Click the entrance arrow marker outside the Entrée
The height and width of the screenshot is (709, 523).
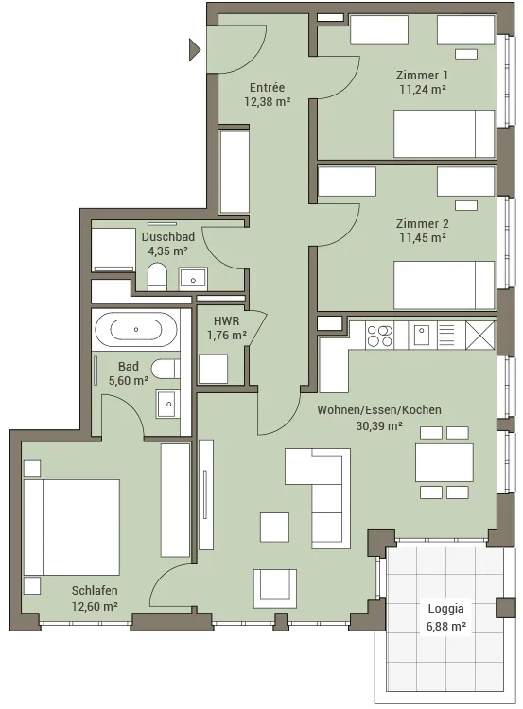pos(194,50)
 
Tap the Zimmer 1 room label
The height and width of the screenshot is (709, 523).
pos(422,75)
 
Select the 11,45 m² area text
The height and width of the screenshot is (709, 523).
pos(423,237)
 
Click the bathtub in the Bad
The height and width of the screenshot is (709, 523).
pos(136,330)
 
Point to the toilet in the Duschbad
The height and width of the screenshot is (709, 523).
pos(157,276)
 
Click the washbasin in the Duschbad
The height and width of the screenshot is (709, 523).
pos(193,279)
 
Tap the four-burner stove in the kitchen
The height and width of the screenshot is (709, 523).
pos(379,336)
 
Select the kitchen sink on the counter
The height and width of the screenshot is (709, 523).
pos(422,335)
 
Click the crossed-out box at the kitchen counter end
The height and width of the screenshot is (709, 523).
pos(480,335)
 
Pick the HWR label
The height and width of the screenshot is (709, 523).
pos(226,321)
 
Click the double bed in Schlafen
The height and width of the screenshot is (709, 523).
pos(72,527)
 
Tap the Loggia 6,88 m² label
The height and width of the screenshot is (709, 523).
pos(446,617)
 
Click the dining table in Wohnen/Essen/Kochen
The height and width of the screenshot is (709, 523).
pos(445,462)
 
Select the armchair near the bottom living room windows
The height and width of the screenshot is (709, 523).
pos(275,588)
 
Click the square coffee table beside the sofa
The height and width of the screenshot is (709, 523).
pos(274,527)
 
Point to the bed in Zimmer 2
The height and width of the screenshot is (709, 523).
pos(444,285)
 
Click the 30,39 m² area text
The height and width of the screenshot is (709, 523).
pos(379,425)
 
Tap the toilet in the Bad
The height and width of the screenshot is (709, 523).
pos(166,369)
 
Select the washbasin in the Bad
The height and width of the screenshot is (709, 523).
pos(167,404)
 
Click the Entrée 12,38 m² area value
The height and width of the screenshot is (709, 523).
pos(268,102)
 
